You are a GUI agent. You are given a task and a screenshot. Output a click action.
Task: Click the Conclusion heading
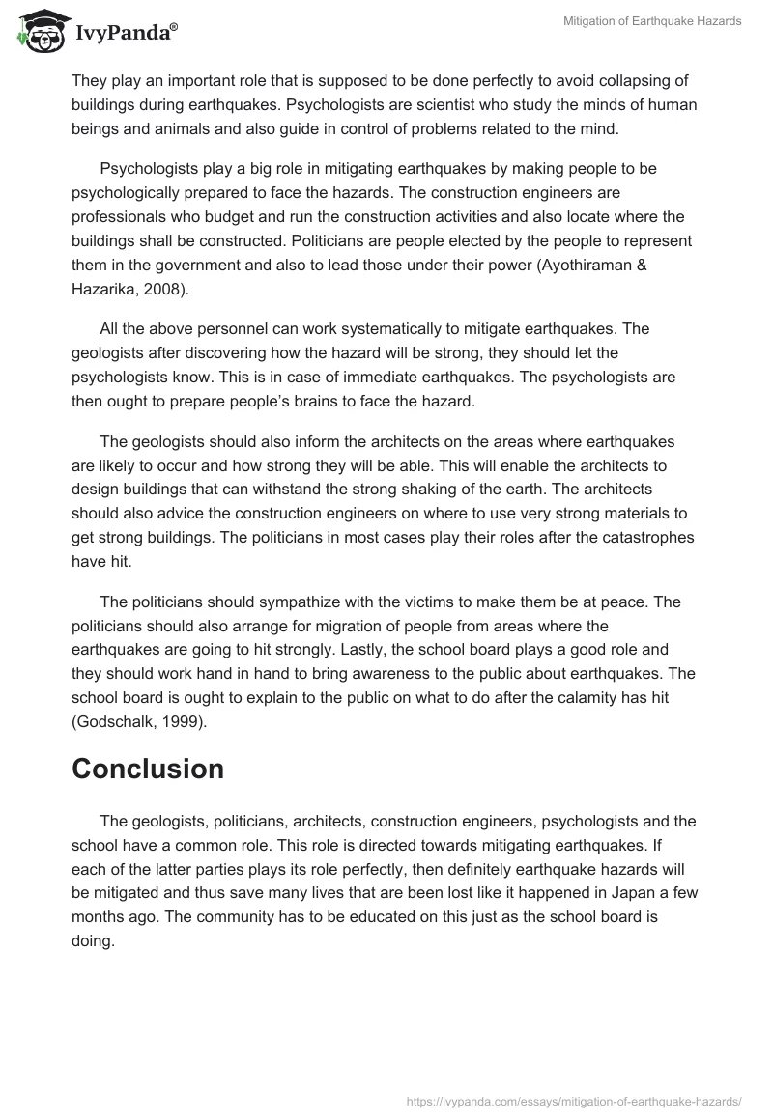148,769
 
